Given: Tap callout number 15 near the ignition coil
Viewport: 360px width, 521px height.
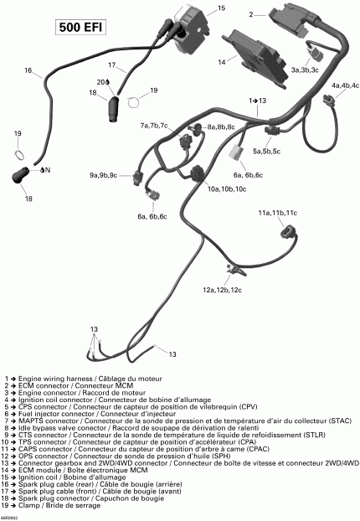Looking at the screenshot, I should [x=221, y=9].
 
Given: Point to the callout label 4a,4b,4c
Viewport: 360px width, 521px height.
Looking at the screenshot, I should [x=344, y=86].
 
